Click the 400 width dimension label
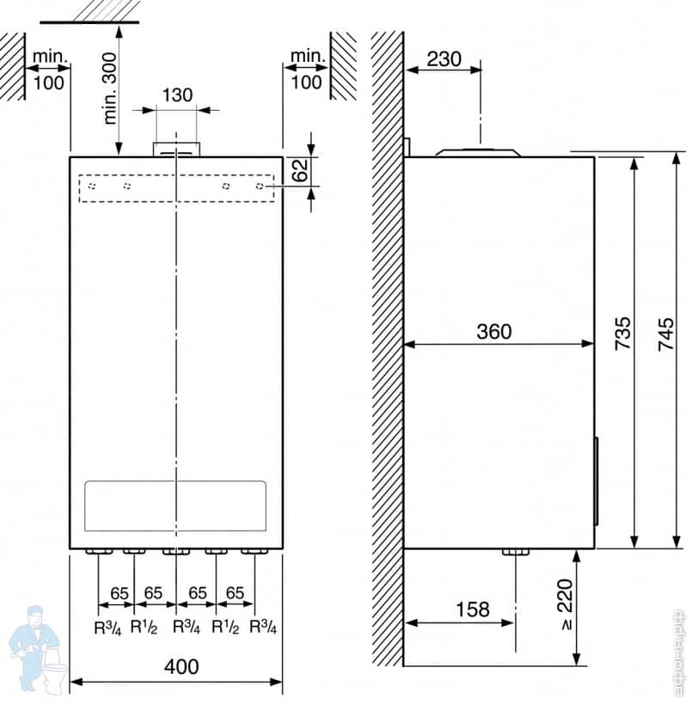pos(181,667)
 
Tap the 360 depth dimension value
pos(494,332)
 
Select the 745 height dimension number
pos(666,334)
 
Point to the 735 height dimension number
pos(623,334)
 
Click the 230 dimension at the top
pos(444,58)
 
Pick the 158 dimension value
pos(473,609)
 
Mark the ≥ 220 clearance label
pos(565,605)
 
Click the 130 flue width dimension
pos(177,95)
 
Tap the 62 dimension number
pos(300,170)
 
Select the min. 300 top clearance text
pos(109,89)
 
